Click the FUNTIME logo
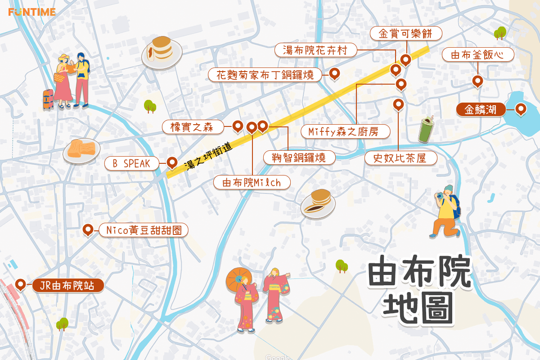point(31,12)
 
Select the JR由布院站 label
point(67,285)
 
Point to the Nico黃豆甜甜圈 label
point(143,230)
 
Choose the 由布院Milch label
point(252,182)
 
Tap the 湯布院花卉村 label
point(315,50)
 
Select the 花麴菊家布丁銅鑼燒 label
point(265,75)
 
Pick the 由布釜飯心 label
point(477,55)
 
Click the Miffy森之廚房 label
point(346,131)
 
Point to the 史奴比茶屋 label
point(400,158)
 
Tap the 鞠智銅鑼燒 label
point(299,157)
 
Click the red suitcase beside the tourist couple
point(48,99)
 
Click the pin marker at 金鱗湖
point(521,108)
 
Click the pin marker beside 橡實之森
point(238,126)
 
